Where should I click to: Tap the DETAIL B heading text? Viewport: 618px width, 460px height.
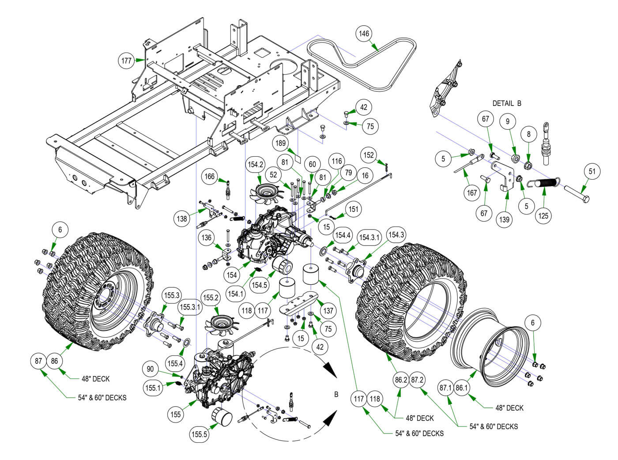click(x=507, y=103)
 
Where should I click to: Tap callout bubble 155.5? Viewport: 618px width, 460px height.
click(x=199, y=434)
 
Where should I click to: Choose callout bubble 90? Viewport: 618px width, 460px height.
click(x=151, y=369)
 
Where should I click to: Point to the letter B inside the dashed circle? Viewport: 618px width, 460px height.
click(x=336, y=394)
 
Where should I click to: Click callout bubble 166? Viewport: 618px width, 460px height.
click(x=210, y=177)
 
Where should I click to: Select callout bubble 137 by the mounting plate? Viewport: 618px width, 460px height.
click(x=328, y=310)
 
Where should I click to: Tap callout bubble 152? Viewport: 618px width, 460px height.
click(x=369, y=155)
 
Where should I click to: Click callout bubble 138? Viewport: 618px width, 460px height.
click(x=182, y=218)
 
